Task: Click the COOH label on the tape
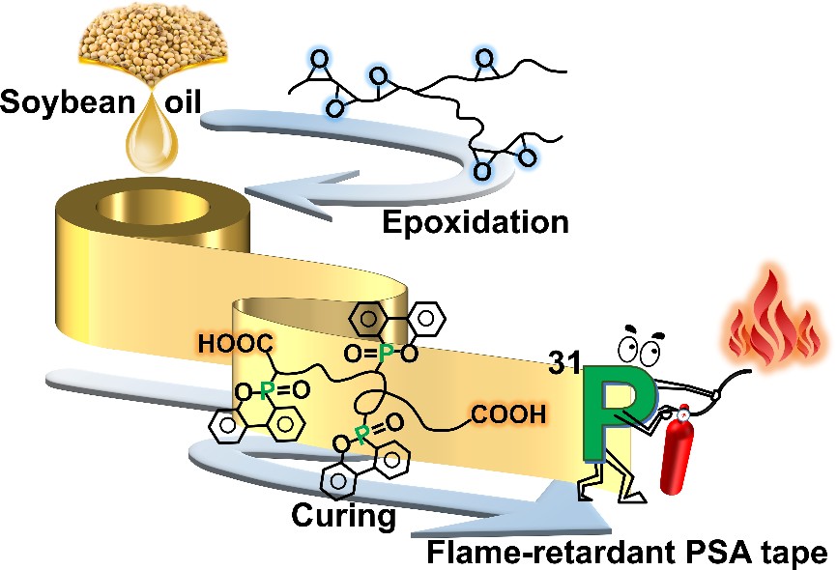click(508, 414)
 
